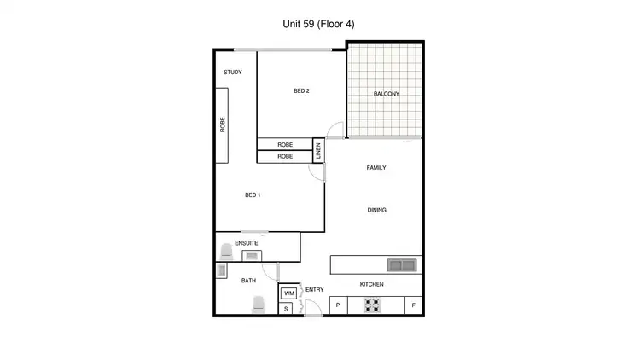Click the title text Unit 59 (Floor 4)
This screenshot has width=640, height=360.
[x=318, y=25]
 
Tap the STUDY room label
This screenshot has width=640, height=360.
[x=233, y=73]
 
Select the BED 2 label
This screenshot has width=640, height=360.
[x=301, y=91]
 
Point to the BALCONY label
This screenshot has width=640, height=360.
[x=387, y=94]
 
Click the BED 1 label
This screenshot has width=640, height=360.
[x=253, y=195]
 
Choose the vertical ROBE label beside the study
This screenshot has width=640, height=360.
[x=223, y=125]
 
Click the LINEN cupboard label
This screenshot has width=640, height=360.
[x=318, y=150]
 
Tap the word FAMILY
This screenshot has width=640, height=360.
[x=376, y=168]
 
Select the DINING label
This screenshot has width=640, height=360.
[x=376, y=210]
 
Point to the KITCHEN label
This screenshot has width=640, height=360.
[x=371, y=284]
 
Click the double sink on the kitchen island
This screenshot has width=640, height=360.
[x=400, y=264]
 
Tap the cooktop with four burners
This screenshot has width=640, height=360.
[x=372, y=305]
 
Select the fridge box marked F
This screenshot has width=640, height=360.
[x=414, y=305]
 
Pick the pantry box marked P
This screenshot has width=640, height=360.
[x=338, y=305]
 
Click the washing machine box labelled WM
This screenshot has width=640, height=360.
[x=289, y=293]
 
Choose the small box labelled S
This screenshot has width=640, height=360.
[x=286, y=309]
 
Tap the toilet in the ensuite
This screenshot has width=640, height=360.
[x=227, y=253]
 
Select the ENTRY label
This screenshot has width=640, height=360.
[x=314, y=290]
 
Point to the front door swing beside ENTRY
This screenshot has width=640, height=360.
[x=301, y=293]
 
